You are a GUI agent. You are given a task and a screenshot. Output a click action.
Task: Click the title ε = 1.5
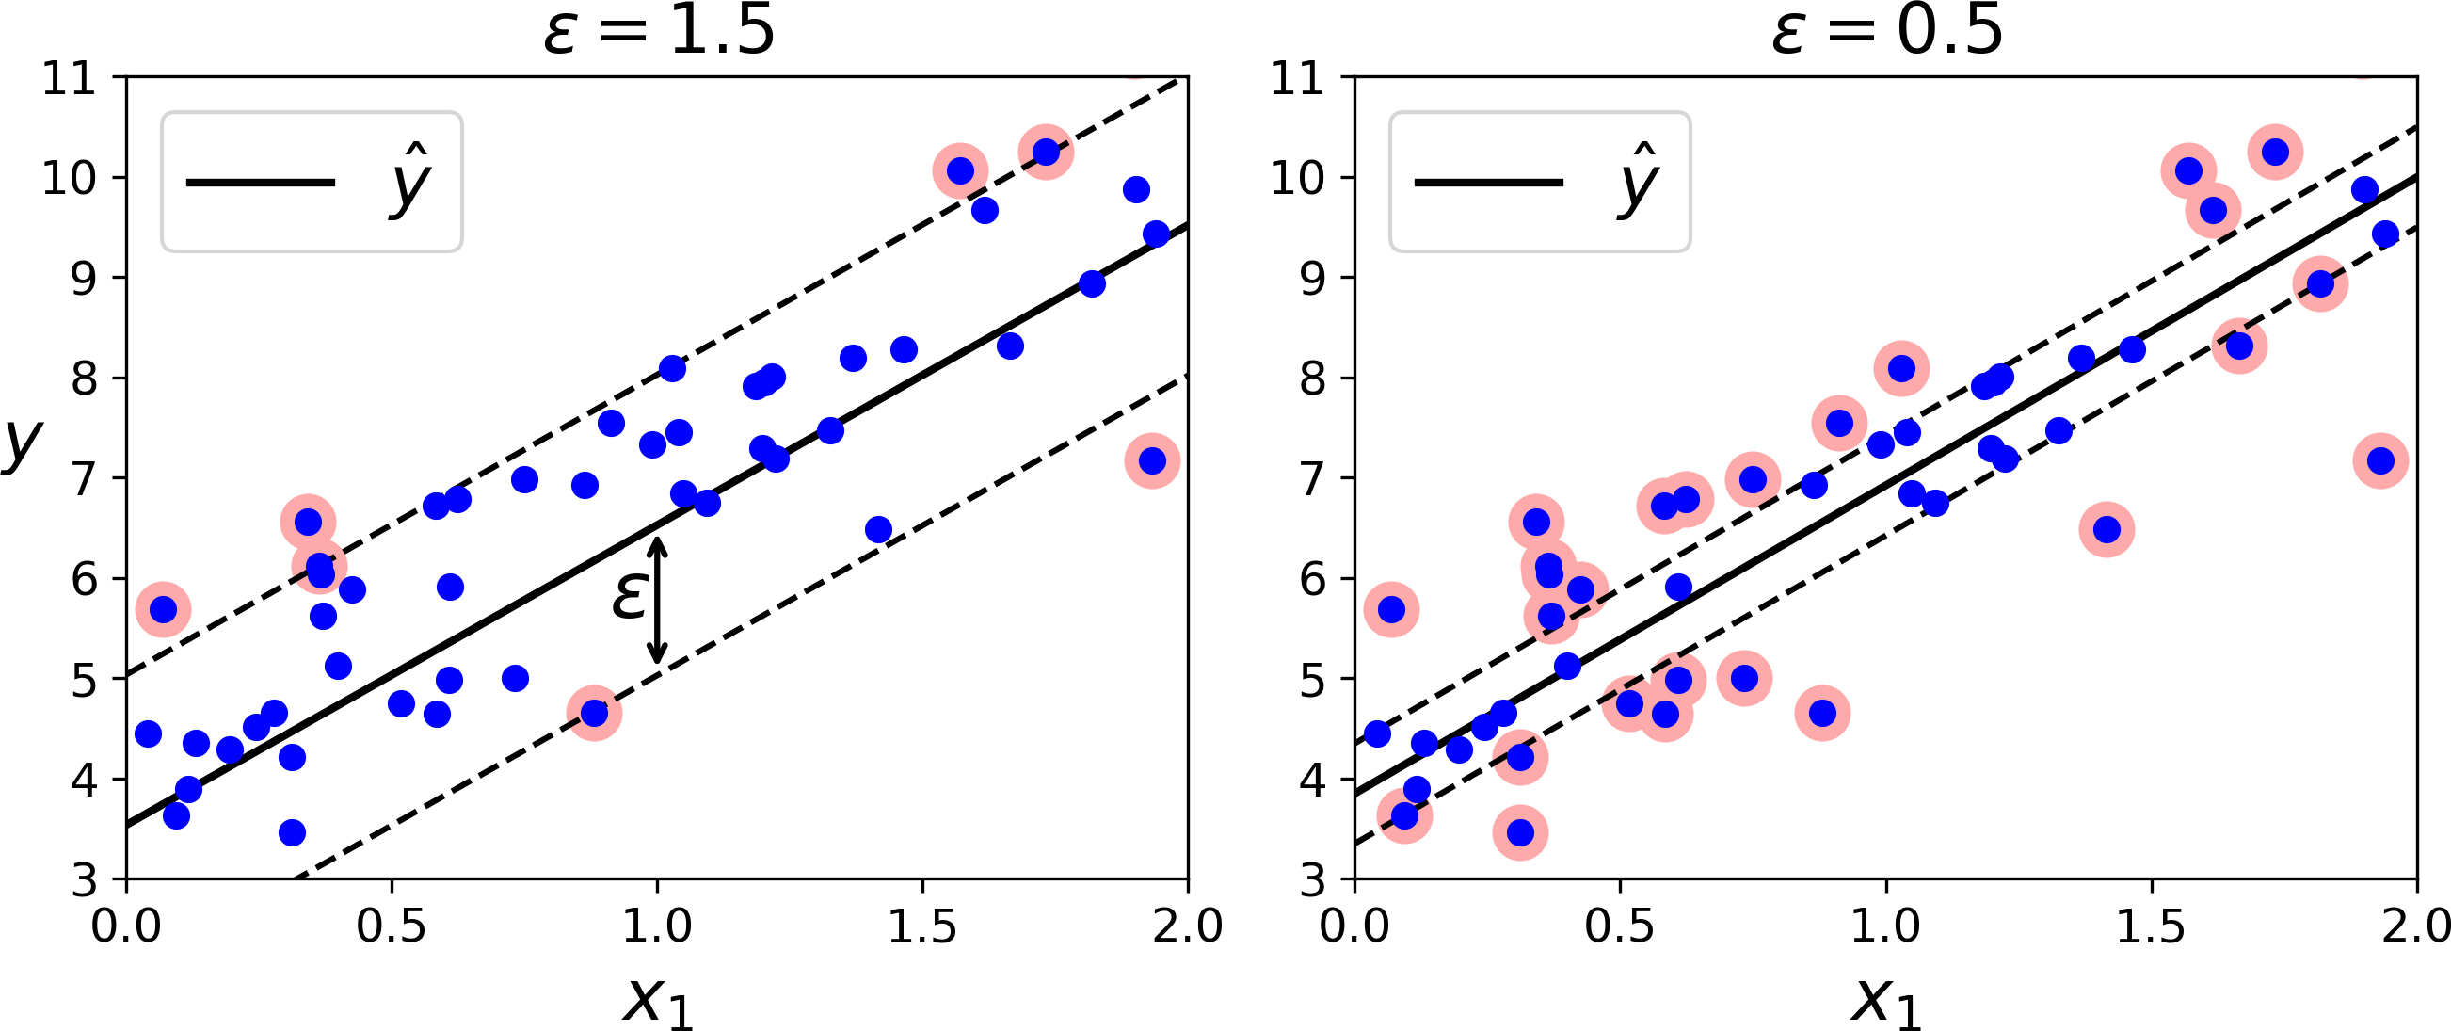click(659, 30)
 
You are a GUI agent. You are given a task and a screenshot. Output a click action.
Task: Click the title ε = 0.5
click(1887, 30)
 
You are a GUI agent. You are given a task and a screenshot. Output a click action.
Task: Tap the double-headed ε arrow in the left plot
click(657, 600)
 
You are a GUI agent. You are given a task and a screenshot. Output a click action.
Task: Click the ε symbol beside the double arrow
click(630, 598)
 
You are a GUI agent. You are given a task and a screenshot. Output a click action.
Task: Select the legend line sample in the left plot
click(260, 182)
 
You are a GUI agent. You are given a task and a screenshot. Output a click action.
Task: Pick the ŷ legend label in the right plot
click(1638, 181)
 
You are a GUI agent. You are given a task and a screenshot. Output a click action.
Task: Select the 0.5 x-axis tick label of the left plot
click(391, 926)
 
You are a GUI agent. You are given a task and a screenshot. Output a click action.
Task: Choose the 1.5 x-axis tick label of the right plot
click(2150, 926)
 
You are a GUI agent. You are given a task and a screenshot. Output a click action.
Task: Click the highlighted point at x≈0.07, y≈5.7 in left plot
click(164, 609)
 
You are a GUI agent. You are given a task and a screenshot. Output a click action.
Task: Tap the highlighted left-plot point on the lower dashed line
click(595, 713)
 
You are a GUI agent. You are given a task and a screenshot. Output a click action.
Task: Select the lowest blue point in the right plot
click(1520, 833)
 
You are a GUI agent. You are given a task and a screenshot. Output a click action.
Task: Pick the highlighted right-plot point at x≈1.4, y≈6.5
click(2107, 529)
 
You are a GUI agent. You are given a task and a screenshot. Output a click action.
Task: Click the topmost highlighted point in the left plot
click(1046, 153)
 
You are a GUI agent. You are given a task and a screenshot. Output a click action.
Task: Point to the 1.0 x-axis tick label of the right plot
click(1885, 926)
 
